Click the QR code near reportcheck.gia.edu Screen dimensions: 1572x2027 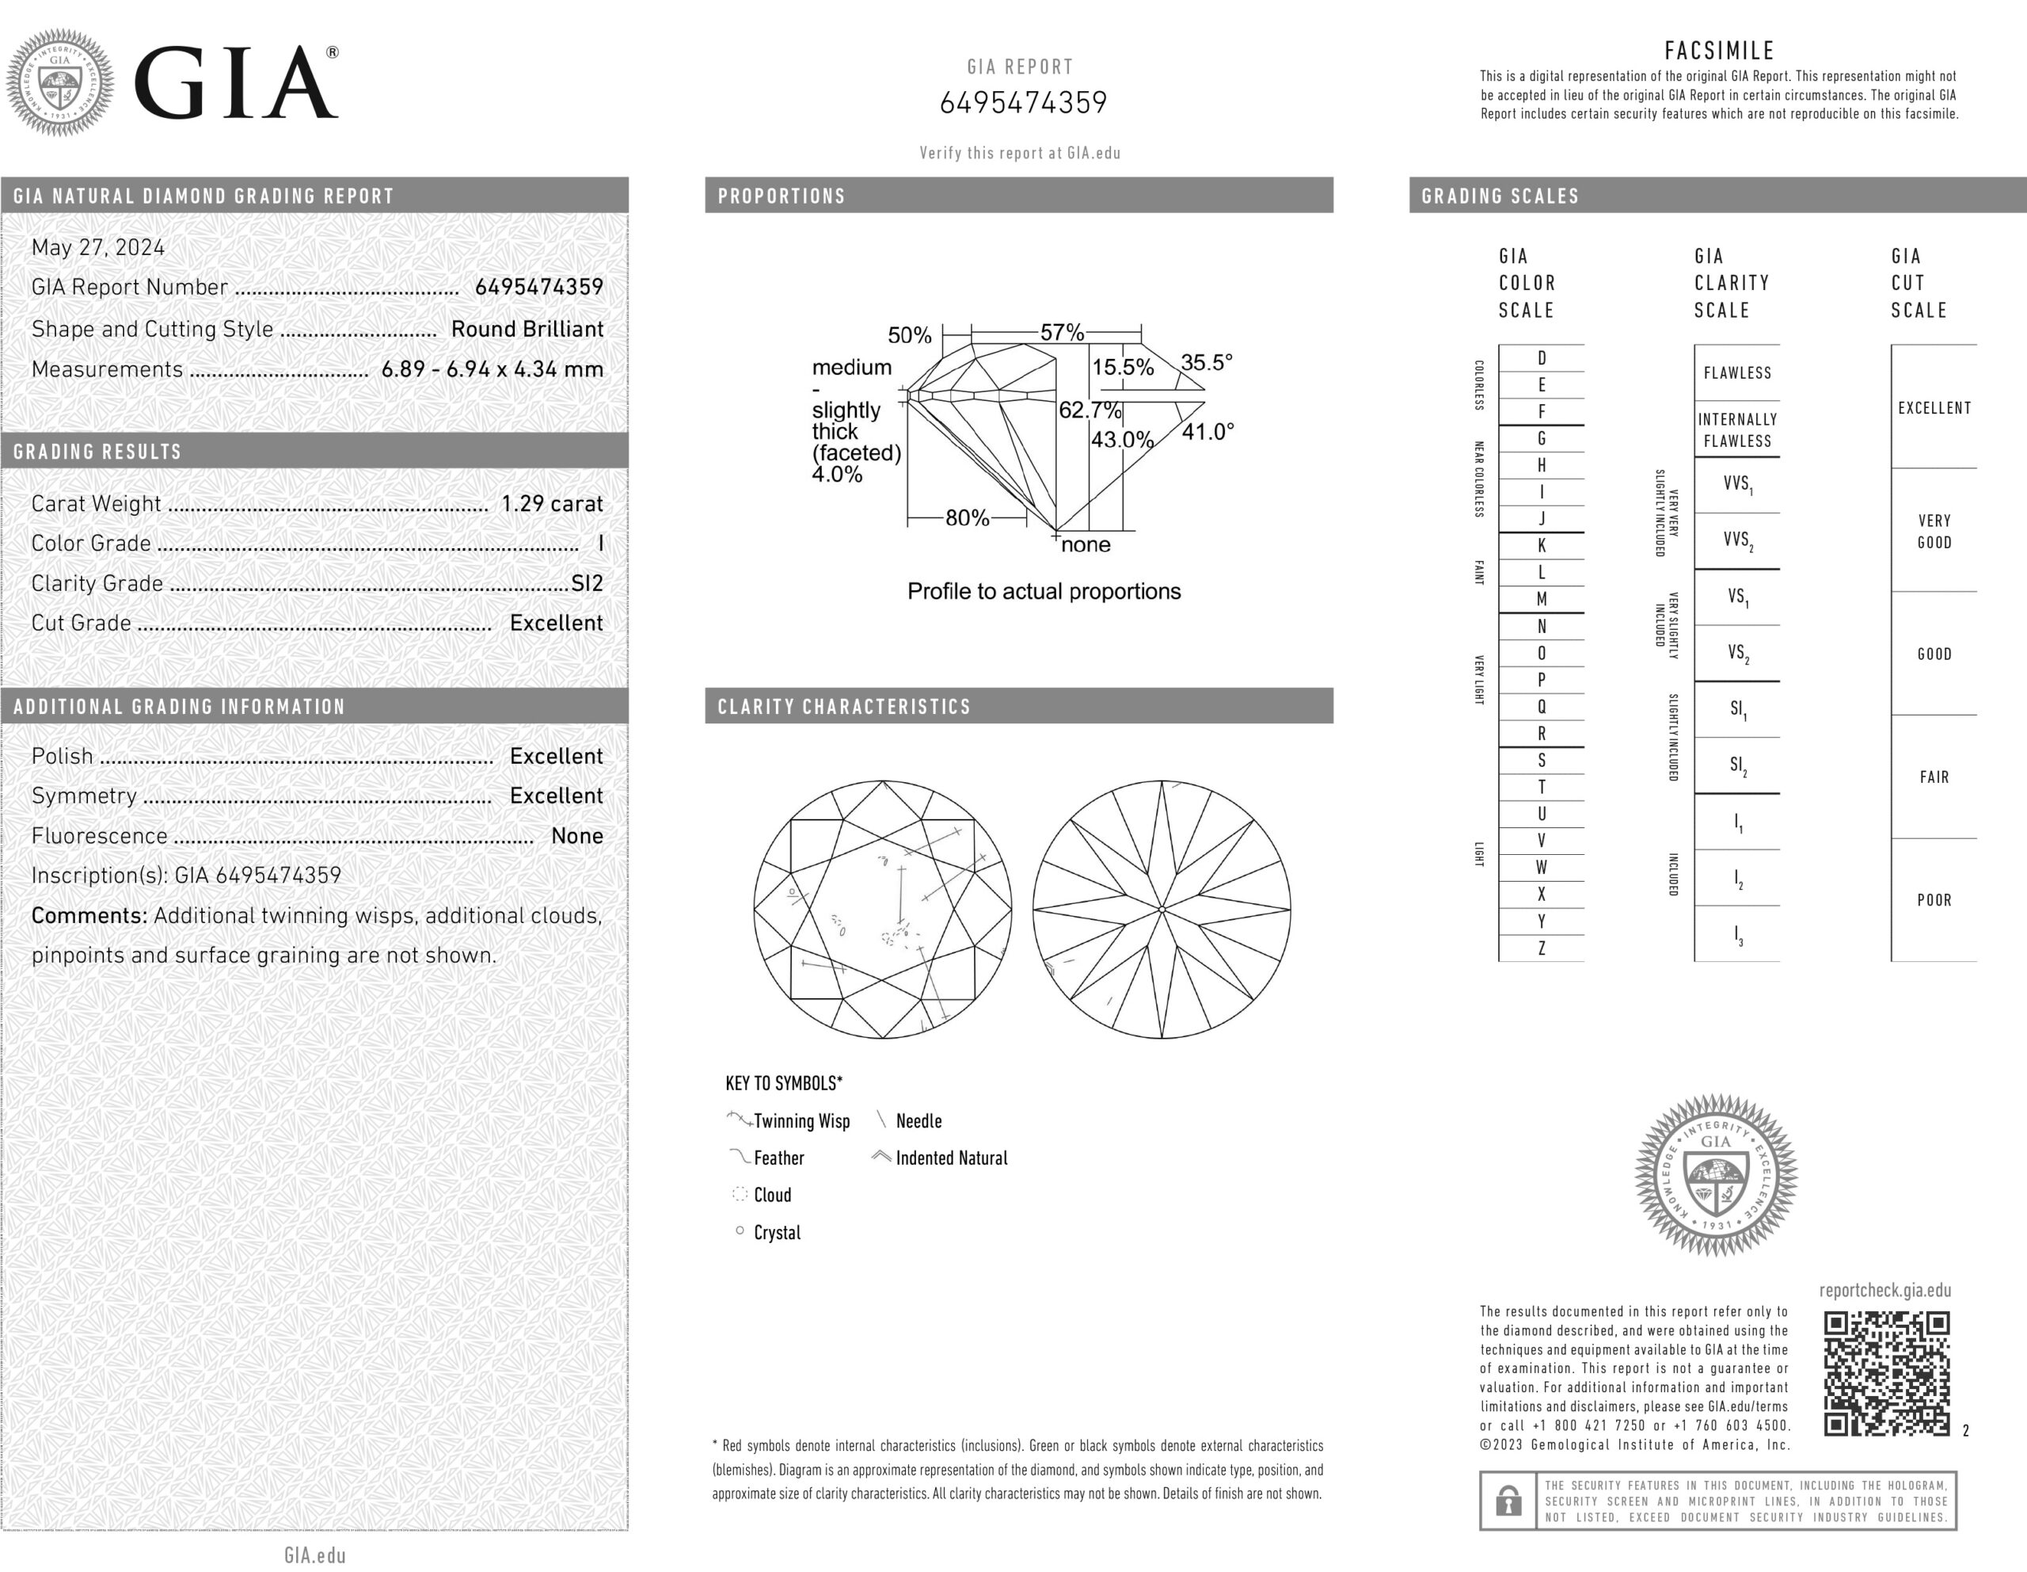pos(1886,1373)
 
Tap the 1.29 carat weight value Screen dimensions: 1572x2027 pos(551,503)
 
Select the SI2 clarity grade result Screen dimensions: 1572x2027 pos(587,583)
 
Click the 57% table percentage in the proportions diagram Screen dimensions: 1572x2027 pos(1062,333)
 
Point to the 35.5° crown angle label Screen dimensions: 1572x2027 pos(1206,363)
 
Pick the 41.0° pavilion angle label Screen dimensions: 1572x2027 pos(1207,432)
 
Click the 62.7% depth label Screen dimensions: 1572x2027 pos(1090,410)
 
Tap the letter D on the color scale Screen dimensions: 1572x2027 pos(1542,358)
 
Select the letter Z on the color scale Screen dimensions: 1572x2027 pos(1542,948)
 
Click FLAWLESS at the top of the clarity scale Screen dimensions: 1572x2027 pos(1737,373)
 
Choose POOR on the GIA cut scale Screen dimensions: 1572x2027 pos(1934,900)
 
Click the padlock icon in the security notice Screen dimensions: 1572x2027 pos(1508,1501)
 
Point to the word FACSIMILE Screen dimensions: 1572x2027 pos(1719,51)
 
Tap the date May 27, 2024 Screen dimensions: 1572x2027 pos(98,248)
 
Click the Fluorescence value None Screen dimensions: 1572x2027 pos(576,836)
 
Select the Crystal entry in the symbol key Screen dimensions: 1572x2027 pos(777,1232)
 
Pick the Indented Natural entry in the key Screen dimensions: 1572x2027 pos(950,1158)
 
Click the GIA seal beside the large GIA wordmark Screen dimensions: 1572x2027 pos(60,82)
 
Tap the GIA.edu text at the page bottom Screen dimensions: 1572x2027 pos(314,1555)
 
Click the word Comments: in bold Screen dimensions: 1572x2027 pos(89,915)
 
